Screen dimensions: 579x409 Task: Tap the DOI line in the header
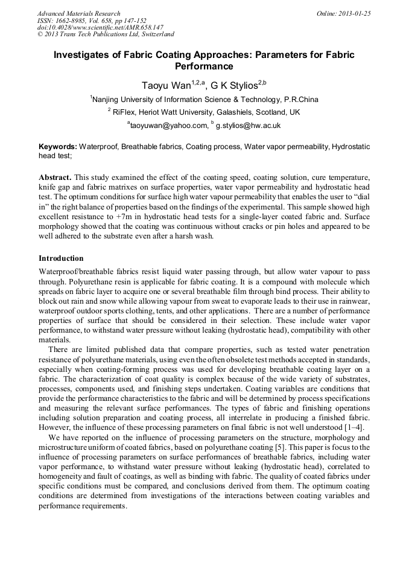[x=100, y=28]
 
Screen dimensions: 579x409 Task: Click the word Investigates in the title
[x=84, y=55]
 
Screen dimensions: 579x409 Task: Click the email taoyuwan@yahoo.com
[x=165, y=126]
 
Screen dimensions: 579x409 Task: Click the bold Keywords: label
[x=58, y=147]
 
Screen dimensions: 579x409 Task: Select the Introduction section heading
[x=61, y=258]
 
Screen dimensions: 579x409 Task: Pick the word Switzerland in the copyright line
[x=154, y=35]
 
